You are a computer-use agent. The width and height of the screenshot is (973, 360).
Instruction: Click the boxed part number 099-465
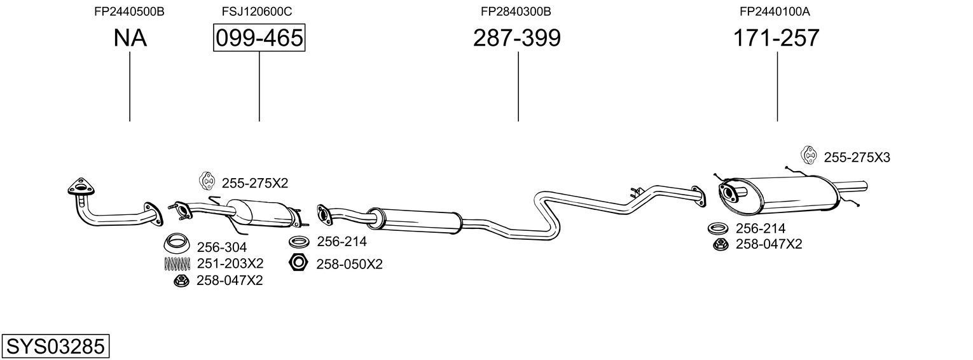(259, 38)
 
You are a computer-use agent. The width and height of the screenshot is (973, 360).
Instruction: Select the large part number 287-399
(516, 38)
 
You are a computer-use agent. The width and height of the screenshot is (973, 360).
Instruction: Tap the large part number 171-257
(776, 38)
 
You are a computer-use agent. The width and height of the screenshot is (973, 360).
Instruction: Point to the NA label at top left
(130, 38)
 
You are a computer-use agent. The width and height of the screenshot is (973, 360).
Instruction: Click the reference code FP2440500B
(129, 11)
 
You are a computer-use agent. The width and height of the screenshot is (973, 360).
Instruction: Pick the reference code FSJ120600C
(257, 11)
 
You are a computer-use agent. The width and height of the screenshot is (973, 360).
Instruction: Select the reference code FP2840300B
(516, 11)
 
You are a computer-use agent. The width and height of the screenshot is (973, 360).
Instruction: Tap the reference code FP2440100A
(775, 11)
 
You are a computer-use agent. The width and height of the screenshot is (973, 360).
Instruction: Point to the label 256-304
(221, 247)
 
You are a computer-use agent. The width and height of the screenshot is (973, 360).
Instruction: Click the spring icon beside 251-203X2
(177, 263)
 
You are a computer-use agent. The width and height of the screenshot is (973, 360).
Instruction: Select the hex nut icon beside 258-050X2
(298, 262)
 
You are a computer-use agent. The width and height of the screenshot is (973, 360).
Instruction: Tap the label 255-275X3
(857, 158)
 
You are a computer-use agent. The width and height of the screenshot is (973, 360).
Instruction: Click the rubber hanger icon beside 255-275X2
(207, 181)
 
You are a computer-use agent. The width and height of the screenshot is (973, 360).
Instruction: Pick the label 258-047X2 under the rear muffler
(769, 244)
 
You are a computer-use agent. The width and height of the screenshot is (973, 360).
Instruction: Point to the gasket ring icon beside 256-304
(177, 243)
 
